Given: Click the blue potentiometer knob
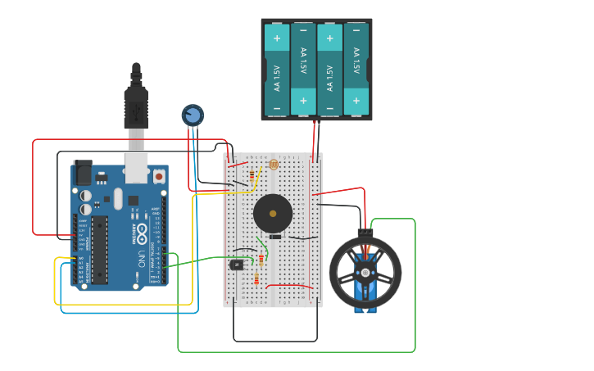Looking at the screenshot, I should (x=193, y=115).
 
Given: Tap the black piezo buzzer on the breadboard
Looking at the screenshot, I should (x=273, y=214).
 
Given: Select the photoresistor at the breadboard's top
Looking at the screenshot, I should (x=274, y=165).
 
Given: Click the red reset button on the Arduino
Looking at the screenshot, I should (x=158, y=175).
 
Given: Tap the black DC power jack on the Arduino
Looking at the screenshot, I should (x=83, y=173).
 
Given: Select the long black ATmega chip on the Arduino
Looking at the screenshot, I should (x=99, y=250).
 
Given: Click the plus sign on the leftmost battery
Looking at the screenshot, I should (x=277, y=38).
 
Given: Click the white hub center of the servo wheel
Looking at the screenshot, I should (x=365, y=273).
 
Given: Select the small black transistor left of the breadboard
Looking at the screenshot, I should (x=237, y=265).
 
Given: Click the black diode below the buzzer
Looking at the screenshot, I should (x=275, y=237).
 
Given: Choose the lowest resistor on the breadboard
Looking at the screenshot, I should (x=256, y=279).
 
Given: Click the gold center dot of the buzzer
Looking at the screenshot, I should (x=273, y=214).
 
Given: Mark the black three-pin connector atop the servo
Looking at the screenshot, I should (x=365, y=233).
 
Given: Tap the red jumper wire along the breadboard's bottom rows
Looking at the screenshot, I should (x=288, y=286).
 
